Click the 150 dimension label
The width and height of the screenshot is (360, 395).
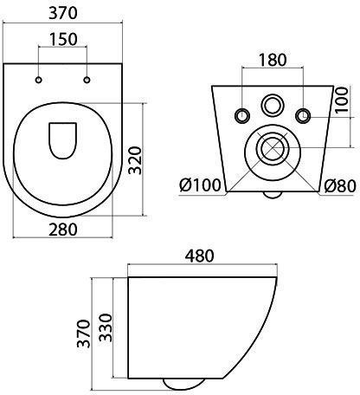[63, 40]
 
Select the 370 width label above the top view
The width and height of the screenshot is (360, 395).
[63, 13]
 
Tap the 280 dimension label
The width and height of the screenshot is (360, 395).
[63, 230]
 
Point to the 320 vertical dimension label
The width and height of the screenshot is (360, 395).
[135, 160]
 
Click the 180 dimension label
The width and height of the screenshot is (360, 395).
[273, 60]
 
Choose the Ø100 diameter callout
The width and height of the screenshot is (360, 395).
[200, 185]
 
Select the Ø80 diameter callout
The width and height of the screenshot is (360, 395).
[340, 186]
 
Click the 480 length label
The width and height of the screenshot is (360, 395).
[200, 256]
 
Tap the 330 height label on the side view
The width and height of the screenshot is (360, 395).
[106, 327]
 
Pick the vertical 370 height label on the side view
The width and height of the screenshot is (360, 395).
[84, 333]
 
